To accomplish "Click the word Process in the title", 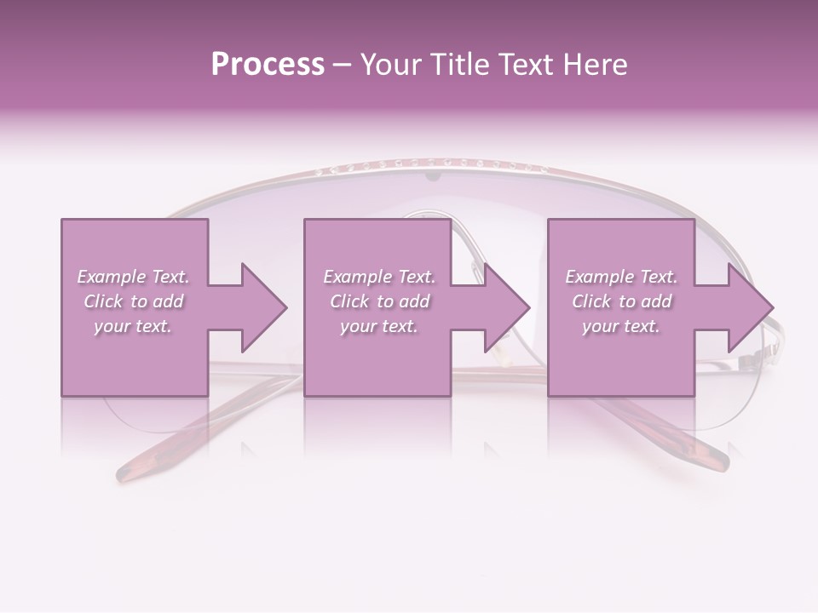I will click(x=268, y=65).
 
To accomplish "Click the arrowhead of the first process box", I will click(x=261, y=307).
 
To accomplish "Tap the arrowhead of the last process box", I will click(x=748, y=307).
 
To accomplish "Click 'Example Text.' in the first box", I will click(x=133, y=277).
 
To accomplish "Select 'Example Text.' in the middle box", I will click(x=379, y=277).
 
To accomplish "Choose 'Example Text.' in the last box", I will click(x=621, y=277).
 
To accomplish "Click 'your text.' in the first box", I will click(x=133, y=326).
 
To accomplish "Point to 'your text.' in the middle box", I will click(x=379, y=326).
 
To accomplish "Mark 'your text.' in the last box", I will click(x=621, y=326).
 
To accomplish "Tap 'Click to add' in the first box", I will click(x=133, y=301).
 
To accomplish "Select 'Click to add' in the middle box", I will click(x=379, y=301).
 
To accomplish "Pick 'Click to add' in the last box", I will click(x=621, y=301).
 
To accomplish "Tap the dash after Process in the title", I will click(x=342, y=66).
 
